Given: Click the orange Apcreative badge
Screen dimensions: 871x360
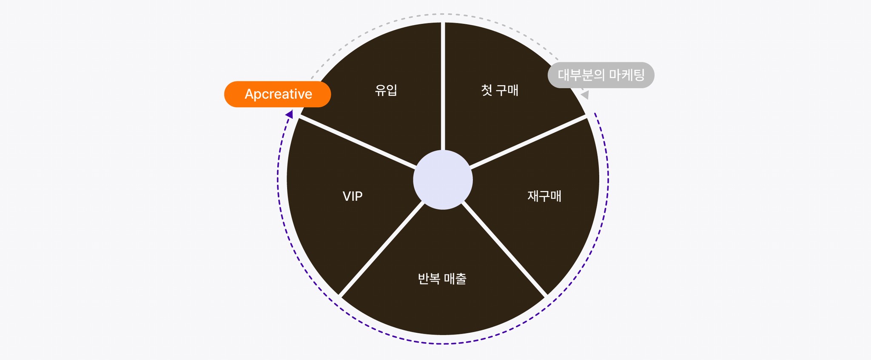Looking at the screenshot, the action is click(x=277, y=94).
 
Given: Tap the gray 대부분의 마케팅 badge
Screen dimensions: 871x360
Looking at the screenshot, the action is click(x=601, y=75).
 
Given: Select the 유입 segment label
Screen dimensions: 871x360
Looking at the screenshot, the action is click(x=386, y=90).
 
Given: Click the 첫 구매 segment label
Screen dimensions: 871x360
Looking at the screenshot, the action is click(x=499, y=90).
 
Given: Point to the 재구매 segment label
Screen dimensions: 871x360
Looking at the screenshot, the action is click(x=544, y=196).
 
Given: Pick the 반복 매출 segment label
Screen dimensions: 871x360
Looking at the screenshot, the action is click(x=442, y=279).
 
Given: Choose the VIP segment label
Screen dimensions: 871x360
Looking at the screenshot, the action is click(x=353, y=196).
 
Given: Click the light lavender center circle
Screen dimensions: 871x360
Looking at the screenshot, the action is click(x=443, y=180).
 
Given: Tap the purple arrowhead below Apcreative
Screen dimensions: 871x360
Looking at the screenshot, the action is click(x=290, y=114).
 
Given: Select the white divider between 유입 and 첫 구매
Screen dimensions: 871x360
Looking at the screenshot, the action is click(x=443, y=85).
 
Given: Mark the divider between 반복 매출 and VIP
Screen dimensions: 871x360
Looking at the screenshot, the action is click(x=381, y=249).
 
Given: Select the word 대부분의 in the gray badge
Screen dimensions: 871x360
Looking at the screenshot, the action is click(x=581, y=75).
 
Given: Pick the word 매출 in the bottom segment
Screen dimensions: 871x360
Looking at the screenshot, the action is click(x=455, y=279).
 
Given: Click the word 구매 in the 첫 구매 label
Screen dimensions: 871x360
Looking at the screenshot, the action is click(x=507, y=90).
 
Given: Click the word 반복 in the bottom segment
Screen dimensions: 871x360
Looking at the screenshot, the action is click(x=429, y=279).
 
